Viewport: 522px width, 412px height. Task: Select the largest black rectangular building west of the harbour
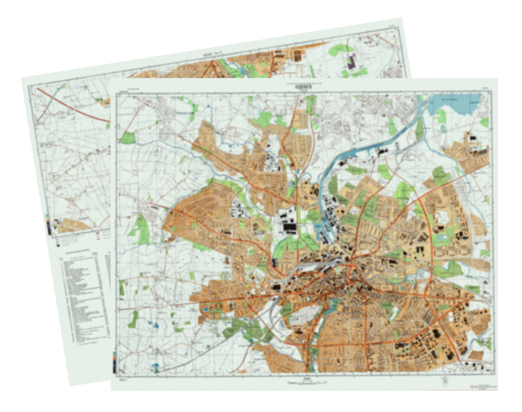coord(289,228)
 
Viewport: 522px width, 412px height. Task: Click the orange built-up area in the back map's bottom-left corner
coord(72,225)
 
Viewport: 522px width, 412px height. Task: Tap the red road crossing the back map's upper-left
coord(72,105)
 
